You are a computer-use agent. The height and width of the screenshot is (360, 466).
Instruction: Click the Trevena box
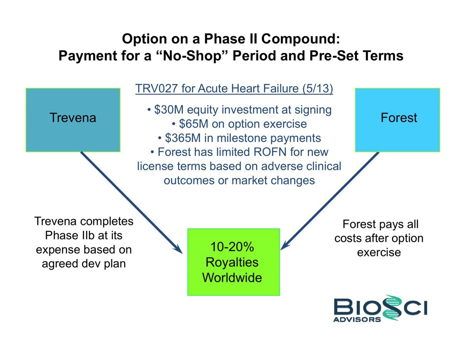point(73,120)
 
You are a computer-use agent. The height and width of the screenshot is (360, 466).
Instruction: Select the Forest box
point(397,120)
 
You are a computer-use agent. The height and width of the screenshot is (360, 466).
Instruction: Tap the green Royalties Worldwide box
point(233,262)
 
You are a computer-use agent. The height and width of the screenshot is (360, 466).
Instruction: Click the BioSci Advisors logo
point(380,308)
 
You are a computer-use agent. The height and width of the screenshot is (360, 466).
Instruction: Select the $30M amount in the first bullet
point(169,110)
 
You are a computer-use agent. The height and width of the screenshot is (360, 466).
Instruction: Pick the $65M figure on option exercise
point(193,124)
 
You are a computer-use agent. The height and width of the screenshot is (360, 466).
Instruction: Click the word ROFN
point(270,152)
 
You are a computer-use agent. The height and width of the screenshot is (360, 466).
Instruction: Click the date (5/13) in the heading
point(318,88)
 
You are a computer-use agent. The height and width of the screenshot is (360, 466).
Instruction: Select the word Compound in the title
point(300,39)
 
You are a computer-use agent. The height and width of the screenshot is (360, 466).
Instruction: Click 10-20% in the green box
point(232,247)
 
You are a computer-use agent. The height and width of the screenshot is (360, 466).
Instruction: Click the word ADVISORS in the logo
point(357,320)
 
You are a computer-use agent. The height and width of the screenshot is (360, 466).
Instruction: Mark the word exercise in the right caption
point(379,252)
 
